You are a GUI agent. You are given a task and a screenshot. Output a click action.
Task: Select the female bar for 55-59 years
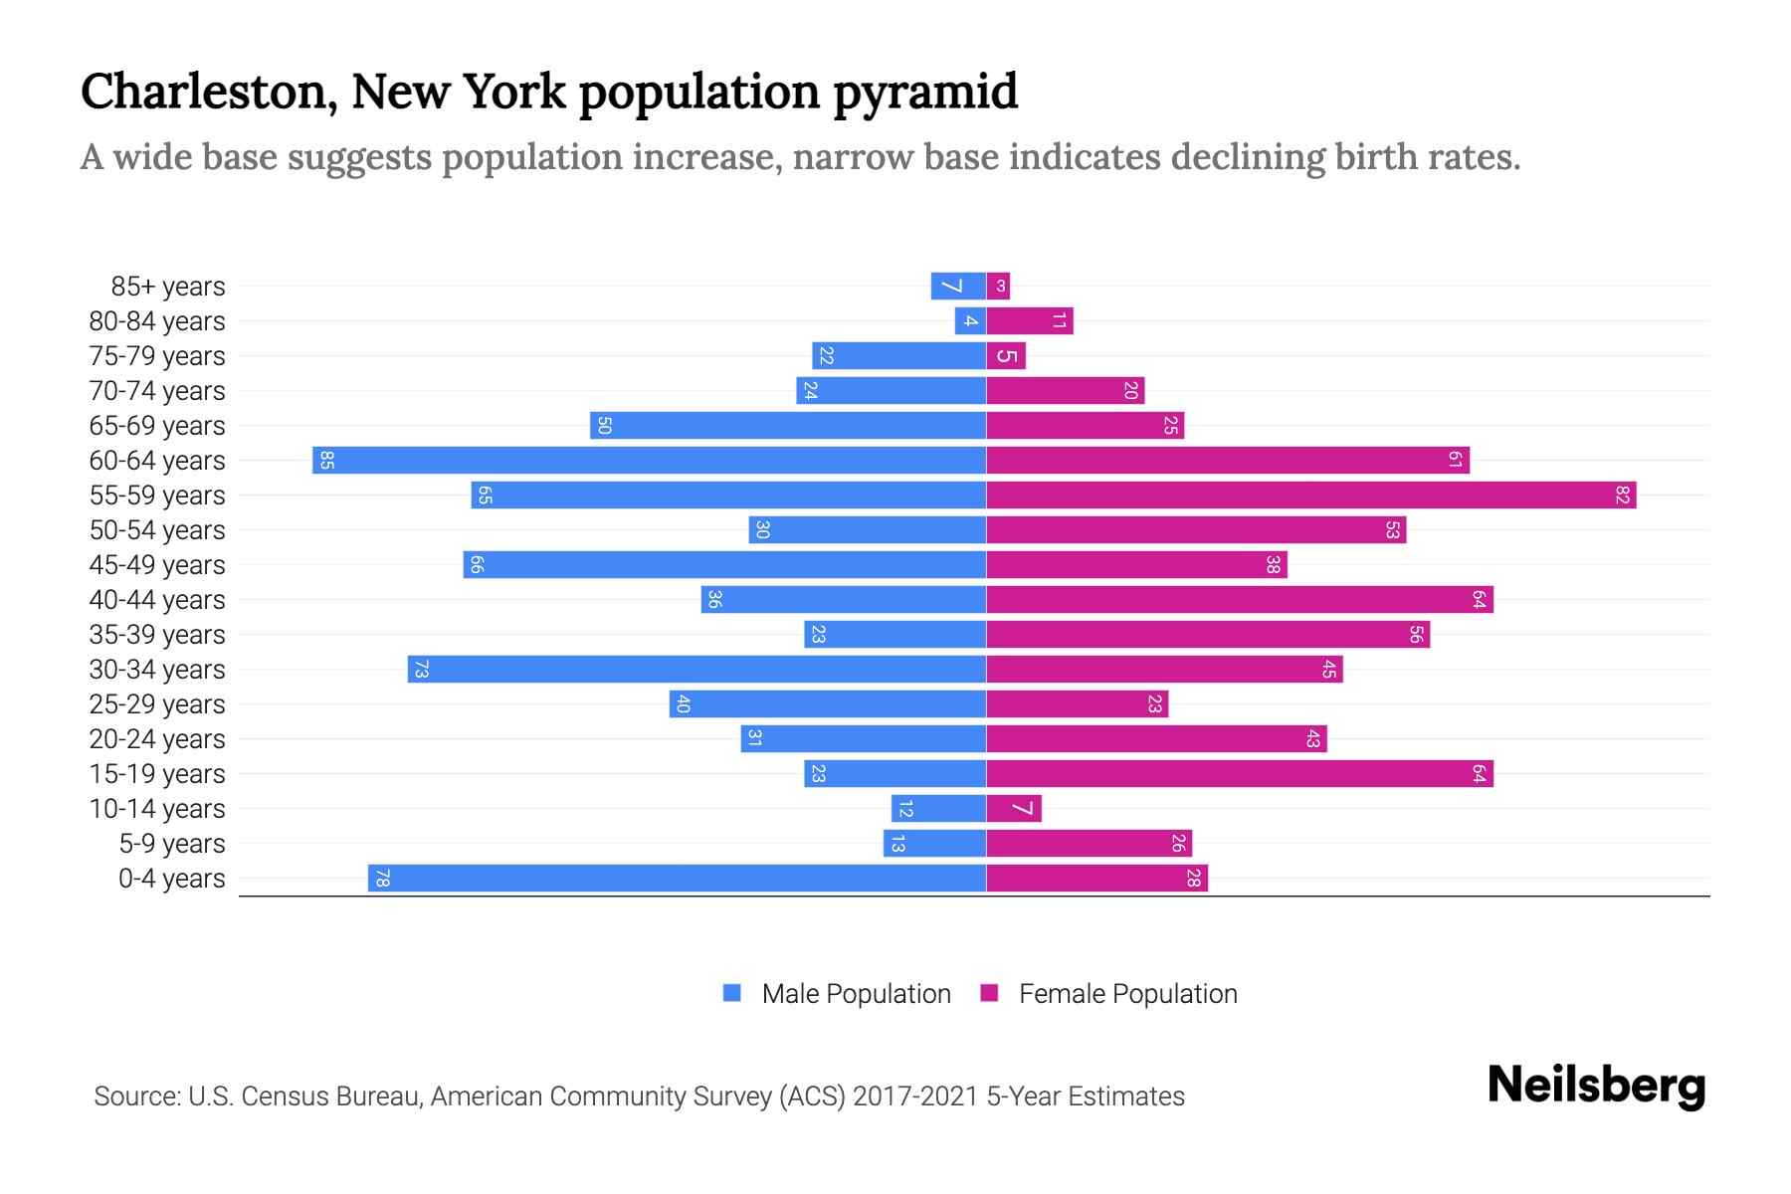point(1310,496)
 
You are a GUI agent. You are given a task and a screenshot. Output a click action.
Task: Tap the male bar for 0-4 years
point(677,879)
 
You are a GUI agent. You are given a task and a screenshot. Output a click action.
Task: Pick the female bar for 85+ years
point(998,287)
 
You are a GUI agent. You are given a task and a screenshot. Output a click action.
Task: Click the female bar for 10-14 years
point(1014,809)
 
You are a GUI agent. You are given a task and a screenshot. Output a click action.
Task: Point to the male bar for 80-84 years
point(970,321)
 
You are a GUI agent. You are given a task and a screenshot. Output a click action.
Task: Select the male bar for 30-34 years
point(696,670)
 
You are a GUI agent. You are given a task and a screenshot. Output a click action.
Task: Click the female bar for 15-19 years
point(1239,774)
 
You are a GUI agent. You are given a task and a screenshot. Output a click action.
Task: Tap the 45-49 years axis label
point(157,565)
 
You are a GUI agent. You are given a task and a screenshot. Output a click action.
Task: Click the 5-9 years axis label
point(172,844)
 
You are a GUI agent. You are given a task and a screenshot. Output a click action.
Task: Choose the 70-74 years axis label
point(157,391)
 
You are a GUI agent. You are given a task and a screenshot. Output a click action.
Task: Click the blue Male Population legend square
point(732,993)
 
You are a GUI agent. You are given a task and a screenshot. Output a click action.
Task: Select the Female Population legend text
point(1127,994)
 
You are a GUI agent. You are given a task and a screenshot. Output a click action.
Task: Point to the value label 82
point(1623,496)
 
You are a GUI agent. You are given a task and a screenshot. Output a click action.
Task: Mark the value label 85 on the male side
point(326,461)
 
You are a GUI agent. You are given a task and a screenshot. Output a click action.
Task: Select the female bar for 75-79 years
point(1006,356)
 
